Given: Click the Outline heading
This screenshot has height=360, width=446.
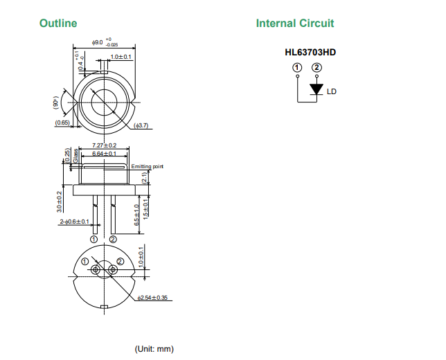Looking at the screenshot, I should (x=58, y=24).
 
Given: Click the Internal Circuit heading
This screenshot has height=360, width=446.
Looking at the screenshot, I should (x=294, y=24).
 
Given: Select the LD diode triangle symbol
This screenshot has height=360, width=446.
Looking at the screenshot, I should (x=316, y=89).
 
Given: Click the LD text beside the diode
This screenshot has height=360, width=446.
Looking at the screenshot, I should (x=332, y=91).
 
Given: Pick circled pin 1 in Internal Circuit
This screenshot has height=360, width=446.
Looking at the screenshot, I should (x=298, y=68).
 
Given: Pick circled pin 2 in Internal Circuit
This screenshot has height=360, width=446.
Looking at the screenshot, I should (x=316, y=68).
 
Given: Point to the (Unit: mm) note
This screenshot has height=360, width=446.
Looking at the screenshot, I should (x=154, y=348).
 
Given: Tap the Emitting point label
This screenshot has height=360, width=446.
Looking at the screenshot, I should (x=147, y=166).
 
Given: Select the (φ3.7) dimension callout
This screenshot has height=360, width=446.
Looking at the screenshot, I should (x=141, y=125).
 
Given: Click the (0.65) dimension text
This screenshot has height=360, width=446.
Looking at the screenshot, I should (x=62, y=123).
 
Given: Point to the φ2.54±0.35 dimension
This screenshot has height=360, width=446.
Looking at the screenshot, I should (x=153, y=298).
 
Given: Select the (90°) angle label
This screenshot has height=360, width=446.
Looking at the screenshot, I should (x=57, y=102).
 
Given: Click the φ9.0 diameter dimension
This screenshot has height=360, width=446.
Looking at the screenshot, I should (x=98, y=43).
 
